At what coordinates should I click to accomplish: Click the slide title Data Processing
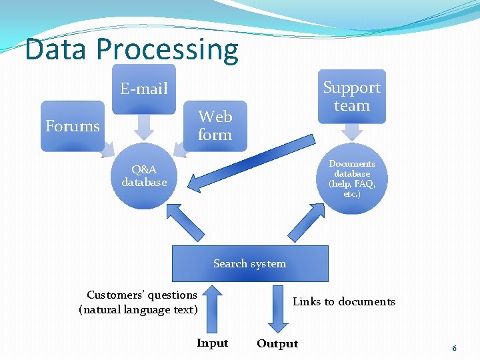(131, 49)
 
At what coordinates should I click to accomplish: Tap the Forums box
(73, 126)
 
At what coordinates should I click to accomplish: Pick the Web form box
(215, 125)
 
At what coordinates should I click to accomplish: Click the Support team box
(351, 97)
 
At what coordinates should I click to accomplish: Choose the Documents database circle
(352, 179)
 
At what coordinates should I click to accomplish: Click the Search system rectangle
(250, 263)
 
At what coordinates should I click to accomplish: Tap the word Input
(212, 343)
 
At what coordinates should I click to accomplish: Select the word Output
(277, 344)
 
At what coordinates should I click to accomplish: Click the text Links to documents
(344, 302)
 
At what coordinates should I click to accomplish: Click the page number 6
(454, 348)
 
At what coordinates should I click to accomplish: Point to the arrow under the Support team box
(351, 133)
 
